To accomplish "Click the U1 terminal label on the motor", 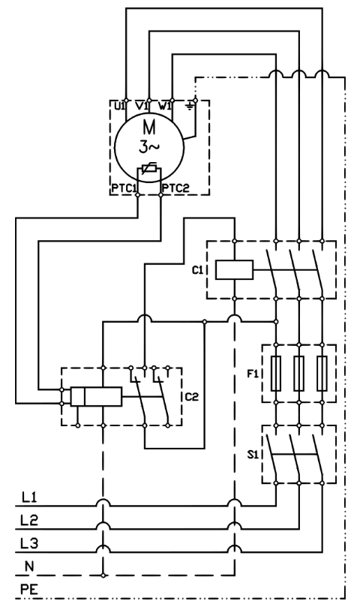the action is coord(119,106).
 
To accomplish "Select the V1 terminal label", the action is coord(142,106).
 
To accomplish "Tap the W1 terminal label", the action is coord(164,106).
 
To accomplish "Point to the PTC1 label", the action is coord(124,188).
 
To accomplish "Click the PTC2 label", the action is coord(175,188).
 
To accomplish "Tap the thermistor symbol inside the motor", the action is coord(148,169).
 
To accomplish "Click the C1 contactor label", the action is coord(197,270).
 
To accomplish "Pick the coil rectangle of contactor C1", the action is coord(235,270).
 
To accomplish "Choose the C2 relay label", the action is coord(192,397).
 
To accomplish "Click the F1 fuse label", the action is coord(253,374).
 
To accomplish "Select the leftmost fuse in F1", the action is coord(276,374).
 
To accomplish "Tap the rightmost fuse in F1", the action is coord(322,374).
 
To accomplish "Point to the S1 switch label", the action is coord(253,455).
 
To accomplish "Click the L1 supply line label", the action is coord(30,497).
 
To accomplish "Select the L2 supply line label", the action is coord(30,521).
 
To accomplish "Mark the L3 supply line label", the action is coord(30,543).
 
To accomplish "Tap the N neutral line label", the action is coord(30,566).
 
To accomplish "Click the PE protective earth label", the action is coord(30,590).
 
